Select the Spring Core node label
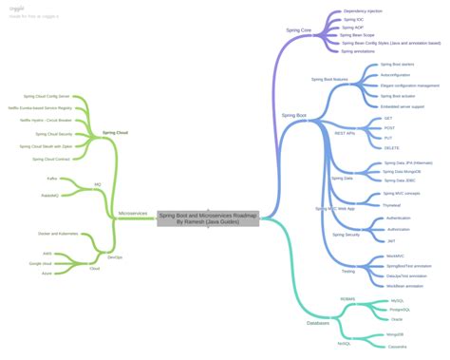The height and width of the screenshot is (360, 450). click(x=298, y=30)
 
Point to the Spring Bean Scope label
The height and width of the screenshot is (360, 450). click(x=358, y=34)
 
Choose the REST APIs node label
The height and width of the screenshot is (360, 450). click(x=346, y=133)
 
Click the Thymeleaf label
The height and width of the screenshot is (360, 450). click(x=394, y=204)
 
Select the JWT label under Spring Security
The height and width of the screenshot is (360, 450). click(x=390, y=241)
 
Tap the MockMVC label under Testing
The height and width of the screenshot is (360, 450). click(x=396, y=256)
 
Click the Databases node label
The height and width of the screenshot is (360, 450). click(x=318, y=323)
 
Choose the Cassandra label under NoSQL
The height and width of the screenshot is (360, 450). click(x=400, y=347)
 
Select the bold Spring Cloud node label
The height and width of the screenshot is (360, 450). click(x=116, y=132)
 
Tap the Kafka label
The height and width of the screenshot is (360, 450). click(x=51, y=178)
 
